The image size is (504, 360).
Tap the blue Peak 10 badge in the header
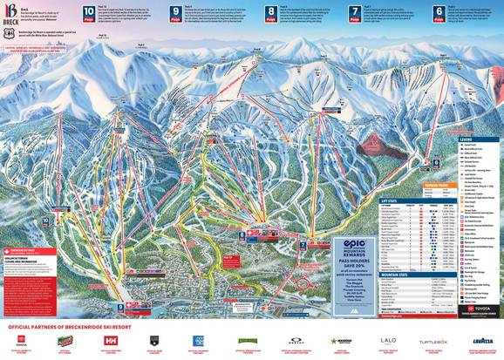89,13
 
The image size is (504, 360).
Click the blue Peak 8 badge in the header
272,13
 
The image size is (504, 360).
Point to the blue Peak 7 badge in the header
356,13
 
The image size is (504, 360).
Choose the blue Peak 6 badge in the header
439,13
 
